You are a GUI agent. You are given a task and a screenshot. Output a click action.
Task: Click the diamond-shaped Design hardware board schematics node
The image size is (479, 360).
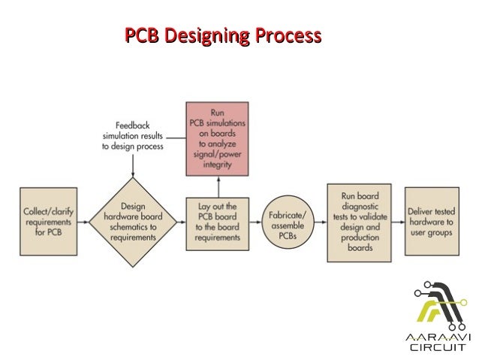point(133,219)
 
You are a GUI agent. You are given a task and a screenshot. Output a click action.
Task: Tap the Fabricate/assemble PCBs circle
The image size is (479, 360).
point(288,220)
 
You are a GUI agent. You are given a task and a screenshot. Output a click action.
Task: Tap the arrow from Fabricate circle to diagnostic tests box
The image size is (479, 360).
point(318,219)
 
